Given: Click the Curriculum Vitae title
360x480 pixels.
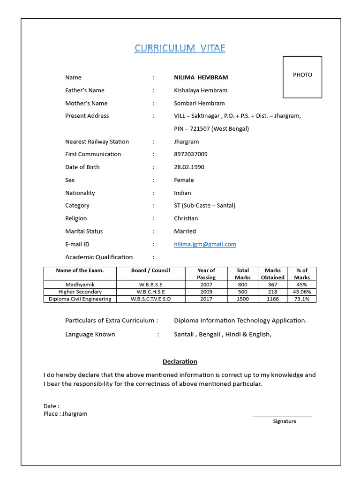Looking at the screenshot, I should (180, 48).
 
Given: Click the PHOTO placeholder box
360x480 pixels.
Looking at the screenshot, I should (302, 77).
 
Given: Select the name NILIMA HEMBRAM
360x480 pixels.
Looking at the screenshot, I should (201, 77).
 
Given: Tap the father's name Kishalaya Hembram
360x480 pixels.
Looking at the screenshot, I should (201, 90).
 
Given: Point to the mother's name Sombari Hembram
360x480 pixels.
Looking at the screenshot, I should (199, 103).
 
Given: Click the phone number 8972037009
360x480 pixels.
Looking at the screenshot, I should (190, 154).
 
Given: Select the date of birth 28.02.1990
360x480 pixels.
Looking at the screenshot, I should (189, 167).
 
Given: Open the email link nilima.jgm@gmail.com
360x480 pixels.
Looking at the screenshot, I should (205, 244).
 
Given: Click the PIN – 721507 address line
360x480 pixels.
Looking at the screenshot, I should (211, 129).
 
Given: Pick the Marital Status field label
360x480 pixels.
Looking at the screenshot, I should (84, 231).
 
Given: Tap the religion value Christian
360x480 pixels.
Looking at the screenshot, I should (186, 218).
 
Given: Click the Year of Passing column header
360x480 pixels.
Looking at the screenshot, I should (206, 274).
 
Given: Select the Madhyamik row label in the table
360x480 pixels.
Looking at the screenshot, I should (80, 285).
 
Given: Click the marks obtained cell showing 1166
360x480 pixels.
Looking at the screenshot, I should (272, 299).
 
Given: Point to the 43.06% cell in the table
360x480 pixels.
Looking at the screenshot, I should (302, 292).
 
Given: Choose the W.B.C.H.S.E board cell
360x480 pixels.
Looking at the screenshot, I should (150, 292).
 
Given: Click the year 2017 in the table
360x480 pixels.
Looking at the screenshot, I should (206, 299).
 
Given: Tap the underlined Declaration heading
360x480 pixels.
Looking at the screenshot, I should (180, 361).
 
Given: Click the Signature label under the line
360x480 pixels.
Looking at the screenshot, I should (285, 421).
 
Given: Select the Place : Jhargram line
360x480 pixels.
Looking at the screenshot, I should (65, 414).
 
